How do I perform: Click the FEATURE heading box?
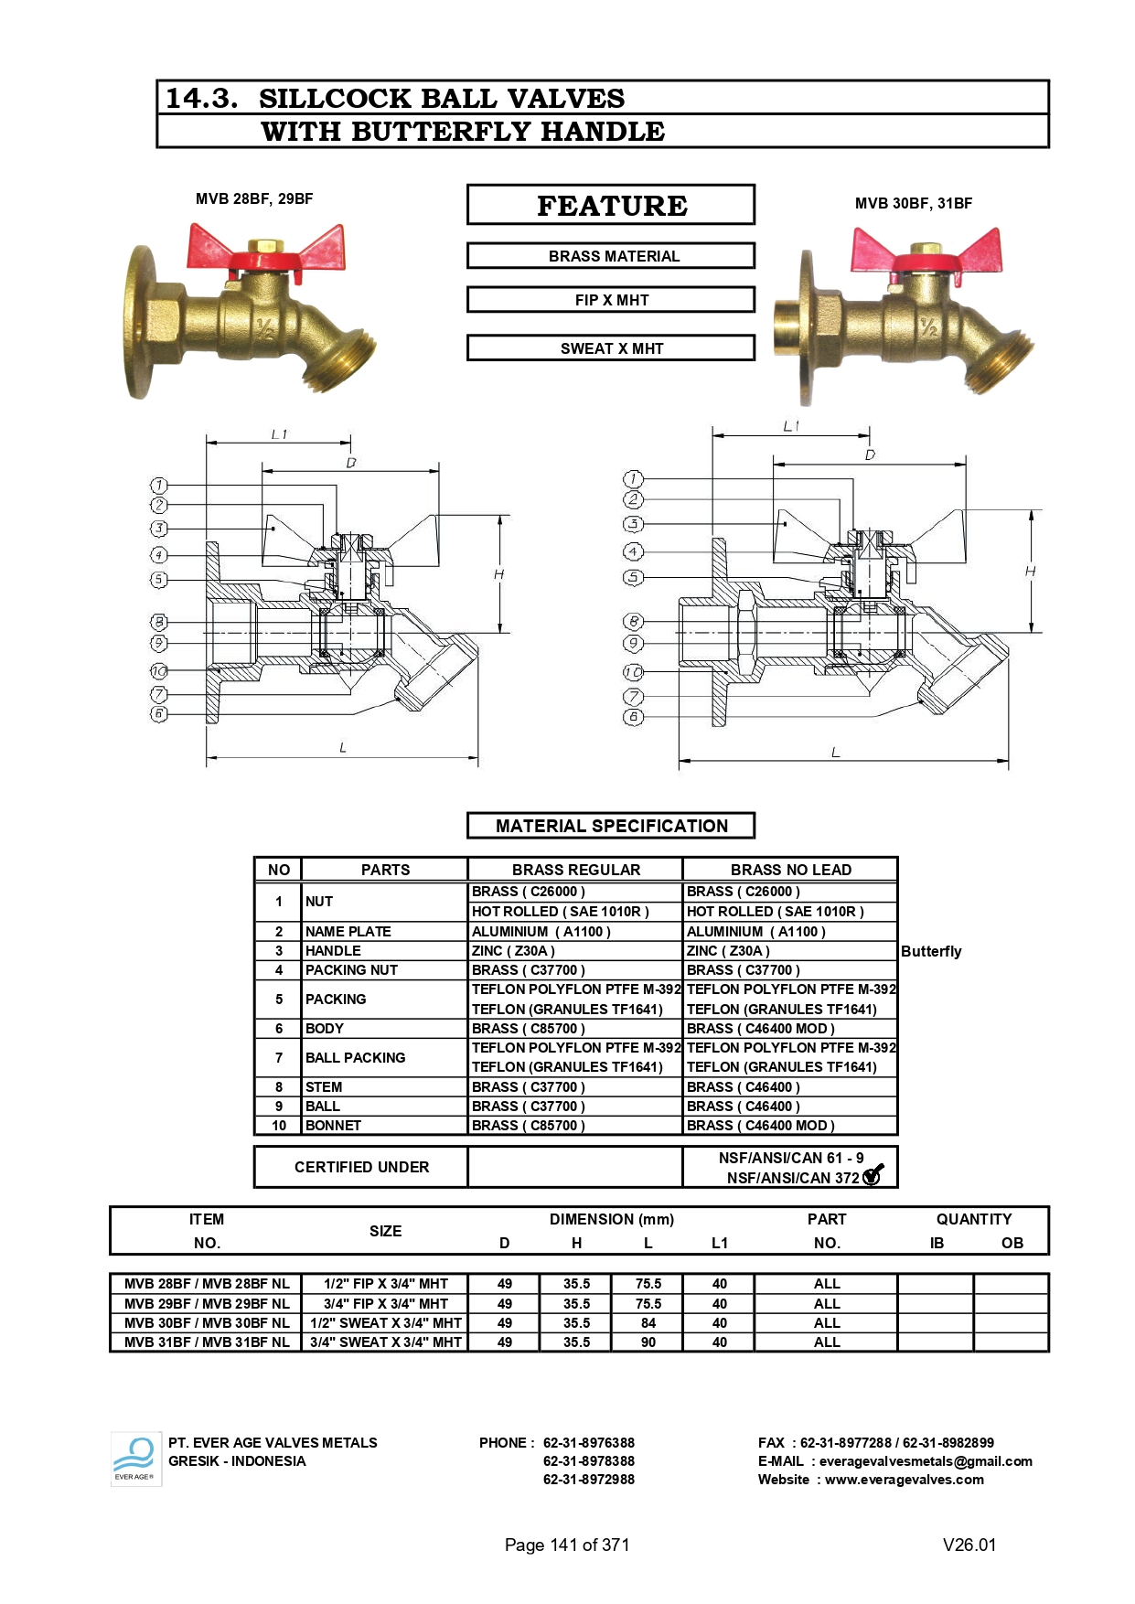pyautogui.click(x=611, y=205)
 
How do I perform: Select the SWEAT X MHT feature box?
pyautogui.click(x=611, y=348)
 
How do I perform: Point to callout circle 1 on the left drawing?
pyautogui.click(x=159, y=485)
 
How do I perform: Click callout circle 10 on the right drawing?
pyautogui.click(x=633, y=672)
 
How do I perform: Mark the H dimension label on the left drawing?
pyautogui.click(x=498, y=574)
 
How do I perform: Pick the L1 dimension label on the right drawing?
pyautogui.click(x=791, y=426)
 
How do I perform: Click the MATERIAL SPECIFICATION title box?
pyautogui.click(x=611, y=826)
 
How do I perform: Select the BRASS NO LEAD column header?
pyautogui.click(x=790, y=870)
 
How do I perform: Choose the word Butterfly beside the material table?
pyautogui.click(x=931, y=951)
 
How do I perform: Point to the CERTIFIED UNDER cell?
pyautogui.click(x=361, y=1167)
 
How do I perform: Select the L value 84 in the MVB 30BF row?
pyautogui.click(x=648, y=1323)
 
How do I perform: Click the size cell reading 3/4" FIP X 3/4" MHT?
pyautogui.click(x=385, y=1304)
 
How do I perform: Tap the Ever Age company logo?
pyautogui.click(x=135, y=1459)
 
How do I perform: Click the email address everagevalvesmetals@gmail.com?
pyautogui.click(x=926, y=1461)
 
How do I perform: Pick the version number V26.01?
pyautogui.click(x=969, y=1545)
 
